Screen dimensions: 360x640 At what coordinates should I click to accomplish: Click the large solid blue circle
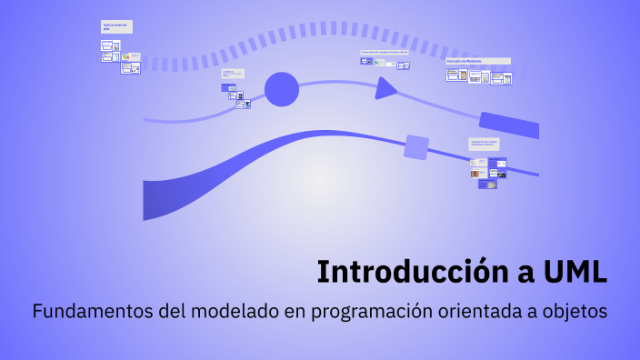(282, 89)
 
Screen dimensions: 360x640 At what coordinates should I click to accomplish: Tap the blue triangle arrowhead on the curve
(385, 88)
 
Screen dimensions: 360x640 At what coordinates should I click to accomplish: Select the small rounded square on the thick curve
(416, 147)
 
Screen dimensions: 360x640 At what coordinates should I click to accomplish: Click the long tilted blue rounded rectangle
(509, 125)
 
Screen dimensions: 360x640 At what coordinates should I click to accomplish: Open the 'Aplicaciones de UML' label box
(117, 27)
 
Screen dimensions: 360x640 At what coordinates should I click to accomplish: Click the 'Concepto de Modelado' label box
(477, 61)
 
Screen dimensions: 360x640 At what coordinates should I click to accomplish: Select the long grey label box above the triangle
(385, 52)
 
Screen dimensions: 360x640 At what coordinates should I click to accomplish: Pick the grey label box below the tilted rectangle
(484, 143)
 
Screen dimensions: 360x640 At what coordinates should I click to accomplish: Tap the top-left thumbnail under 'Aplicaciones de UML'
(106, 44)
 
